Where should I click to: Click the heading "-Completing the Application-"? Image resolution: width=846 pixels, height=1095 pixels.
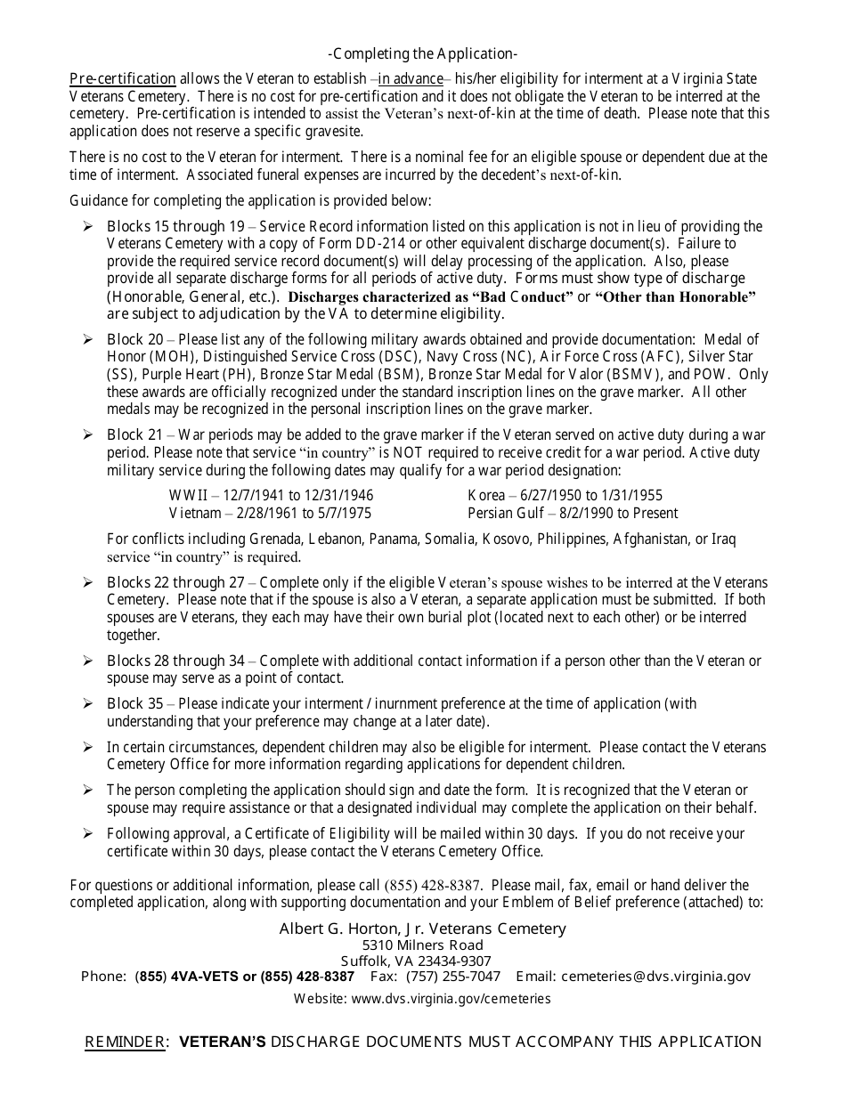click(x=422, y=53)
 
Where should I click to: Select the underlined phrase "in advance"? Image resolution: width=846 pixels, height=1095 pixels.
click(x=411, y=78)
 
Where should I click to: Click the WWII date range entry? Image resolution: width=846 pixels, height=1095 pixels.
click(x=271, y=495)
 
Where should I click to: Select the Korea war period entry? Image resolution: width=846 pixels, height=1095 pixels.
click(x=565, y=495)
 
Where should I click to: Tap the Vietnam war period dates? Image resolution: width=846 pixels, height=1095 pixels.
click(x=270, y=513)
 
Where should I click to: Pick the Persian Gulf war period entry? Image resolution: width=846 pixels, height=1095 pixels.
click(x=573, y=513)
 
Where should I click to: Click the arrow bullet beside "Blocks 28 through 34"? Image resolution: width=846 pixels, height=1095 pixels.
click(x=88, y=661)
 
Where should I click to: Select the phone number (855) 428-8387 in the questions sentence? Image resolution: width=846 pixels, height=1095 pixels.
click(x=433, y=885)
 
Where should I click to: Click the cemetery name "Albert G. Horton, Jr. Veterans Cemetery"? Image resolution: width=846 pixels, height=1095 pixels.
click(x=422, y=929)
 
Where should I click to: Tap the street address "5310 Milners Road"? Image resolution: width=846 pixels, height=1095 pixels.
click(x=422, y=945)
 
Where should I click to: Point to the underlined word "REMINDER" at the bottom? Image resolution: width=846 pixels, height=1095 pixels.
click(x=125, y=1042)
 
